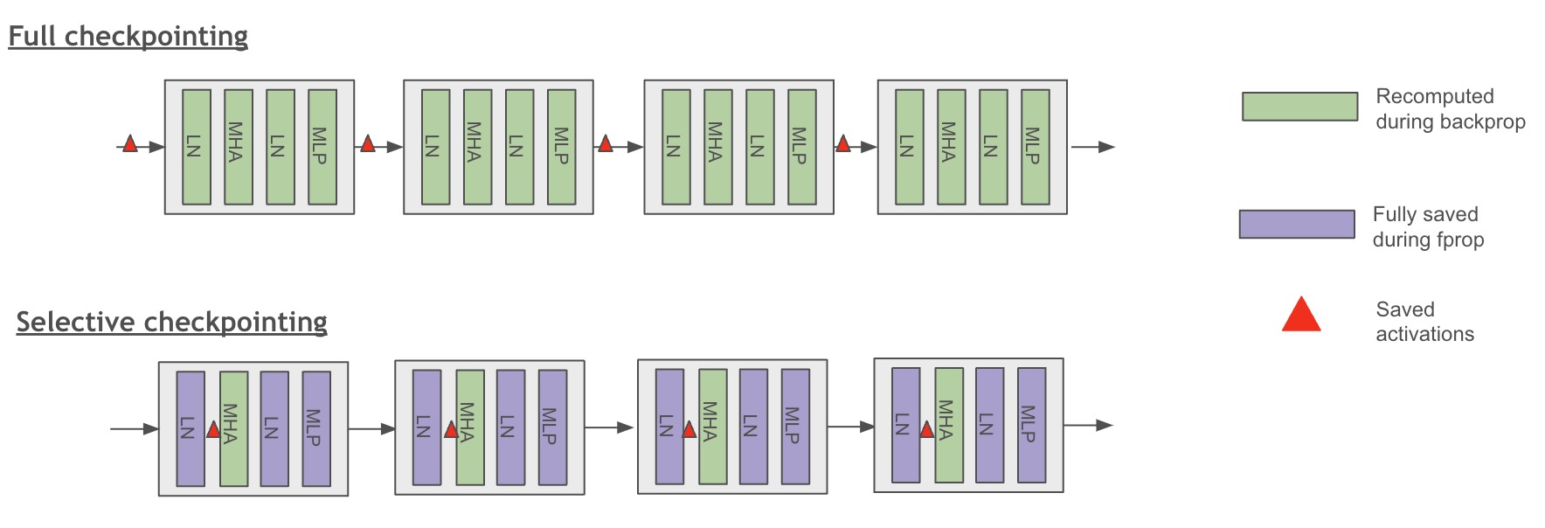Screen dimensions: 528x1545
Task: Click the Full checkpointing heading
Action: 128,36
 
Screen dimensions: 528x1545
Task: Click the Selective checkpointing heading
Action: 171,322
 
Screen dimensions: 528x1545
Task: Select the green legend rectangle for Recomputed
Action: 1299,107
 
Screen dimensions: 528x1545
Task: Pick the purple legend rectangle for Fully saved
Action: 1296,224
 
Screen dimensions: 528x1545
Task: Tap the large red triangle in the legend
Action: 1300,316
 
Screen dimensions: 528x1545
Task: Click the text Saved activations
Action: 1424,322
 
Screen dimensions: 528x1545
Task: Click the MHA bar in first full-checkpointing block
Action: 238,146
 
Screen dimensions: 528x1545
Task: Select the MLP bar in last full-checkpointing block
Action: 1035,146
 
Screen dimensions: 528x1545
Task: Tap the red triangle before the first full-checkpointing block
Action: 130,144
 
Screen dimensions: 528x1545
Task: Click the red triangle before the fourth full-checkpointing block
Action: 842,144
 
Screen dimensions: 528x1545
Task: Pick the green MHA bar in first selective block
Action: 233,428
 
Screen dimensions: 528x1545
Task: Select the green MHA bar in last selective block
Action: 949,425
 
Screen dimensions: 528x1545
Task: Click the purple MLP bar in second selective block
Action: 552,427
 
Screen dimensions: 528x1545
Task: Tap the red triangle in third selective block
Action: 689,429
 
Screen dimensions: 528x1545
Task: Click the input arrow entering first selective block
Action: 134,428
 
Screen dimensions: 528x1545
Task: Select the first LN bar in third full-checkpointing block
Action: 676,146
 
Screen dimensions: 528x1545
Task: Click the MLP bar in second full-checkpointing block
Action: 561,146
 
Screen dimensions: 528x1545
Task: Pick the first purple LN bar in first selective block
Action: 191,428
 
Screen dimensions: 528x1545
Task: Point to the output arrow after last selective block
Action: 1088,425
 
